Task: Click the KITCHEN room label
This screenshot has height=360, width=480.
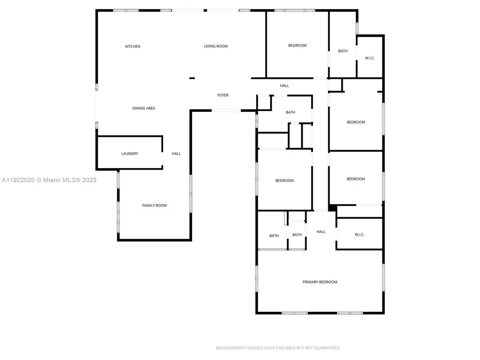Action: [133, 47]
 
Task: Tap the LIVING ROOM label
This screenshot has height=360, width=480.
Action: [216, 46]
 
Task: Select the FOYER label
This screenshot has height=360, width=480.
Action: [223, 95]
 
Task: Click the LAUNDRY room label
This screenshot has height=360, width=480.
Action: [130, 154]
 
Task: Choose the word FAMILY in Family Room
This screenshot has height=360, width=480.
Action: [148, 206]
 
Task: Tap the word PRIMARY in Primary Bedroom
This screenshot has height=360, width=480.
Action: [311, 282]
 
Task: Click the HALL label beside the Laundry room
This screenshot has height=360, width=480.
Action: [176, 154]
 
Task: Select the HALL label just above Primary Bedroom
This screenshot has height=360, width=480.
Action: [321, 232]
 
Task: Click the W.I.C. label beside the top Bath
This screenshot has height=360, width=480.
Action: [370, 58]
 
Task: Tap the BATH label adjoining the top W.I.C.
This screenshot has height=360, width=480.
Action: [343, 51]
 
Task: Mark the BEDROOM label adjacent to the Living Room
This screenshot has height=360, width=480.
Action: [297, 46]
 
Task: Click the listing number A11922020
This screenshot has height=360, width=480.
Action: [18, 180]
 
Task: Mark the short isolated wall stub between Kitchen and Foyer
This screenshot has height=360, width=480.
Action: [192, 78]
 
